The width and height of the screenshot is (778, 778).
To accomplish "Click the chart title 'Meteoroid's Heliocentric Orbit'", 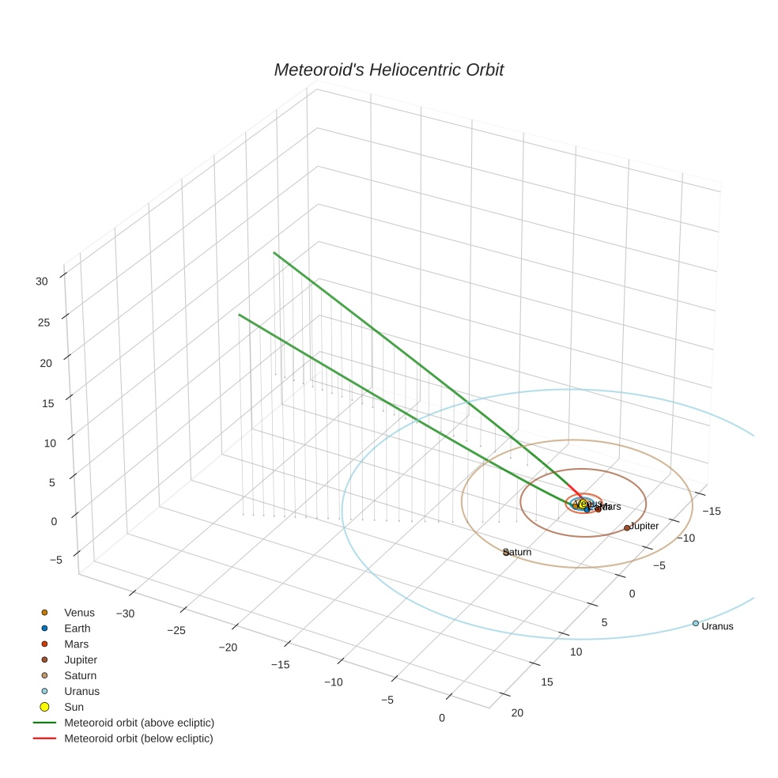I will click(388, 70).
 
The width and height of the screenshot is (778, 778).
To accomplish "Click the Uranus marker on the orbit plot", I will click(695, 623).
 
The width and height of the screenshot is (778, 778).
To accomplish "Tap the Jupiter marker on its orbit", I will click(626, 527).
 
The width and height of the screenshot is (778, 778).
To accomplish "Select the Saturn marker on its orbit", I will click(505, 553).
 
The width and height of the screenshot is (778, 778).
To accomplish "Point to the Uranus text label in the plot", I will click(717, 626).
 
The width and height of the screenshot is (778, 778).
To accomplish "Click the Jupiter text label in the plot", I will click(644, 526).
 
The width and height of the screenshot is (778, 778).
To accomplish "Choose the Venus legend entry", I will click(79, 612).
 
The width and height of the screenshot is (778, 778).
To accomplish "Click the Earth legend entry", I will click(77, 628).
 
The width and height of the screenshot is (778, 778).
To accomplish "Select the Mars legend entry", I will click(76, 644).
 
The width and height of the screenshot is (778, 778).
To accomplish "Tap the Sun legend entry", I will click(74, 707).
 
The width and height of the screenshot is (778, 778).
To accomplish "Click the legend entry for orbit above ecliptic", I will click(138, 723).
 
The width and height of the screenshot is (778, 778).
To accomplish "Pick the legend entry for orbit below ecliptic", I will click(138, 738).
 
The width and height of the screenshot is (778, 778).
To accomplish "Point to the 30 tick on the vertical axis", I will click(42, 281).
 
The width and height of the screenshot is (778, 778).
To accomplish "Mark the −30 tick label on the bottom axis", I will click(125, 614).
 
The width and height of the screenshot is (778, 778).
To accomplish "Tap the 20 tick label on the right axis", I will click(517, 713).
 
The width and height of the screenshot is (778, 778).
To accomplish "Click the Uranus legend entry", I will click(81, 691).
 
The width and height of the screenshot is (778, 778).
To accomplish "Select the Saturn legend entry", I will click(80, 675).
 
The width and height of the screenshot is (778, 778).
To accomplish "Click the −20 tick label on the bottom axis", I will click(228, 648).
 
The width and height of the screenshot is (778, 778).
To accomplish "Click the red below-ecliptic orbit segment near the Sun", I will click(575, 488).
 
